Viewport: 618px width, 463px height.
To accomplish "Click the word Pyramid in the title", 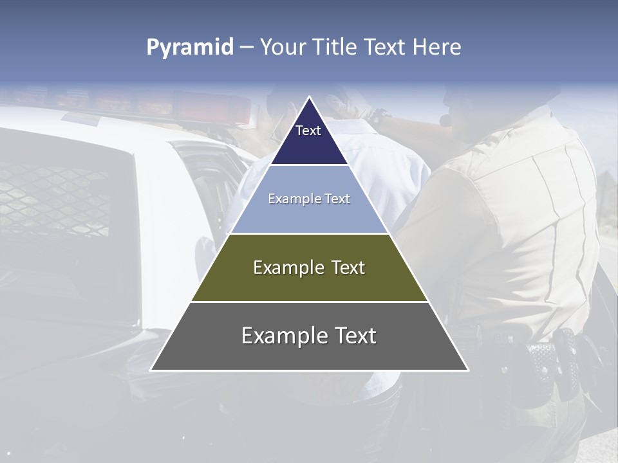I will [189, 48].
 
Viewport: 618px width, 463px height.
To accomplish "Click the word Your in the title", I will [283, 47].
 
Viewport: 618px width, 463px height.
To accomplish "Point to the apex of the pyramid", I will [309, 98].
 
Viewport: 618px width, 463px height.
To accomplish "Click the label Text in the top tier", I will [308, 131].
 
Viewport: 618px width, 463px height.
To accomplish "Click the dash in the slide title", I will [247, 48].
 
